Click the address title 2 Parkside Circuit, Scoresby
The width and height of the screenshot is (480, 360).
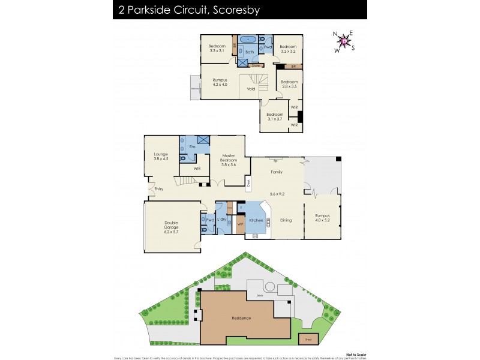[180, 10]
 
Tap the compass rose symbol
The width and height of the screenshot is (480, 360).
[344, 41]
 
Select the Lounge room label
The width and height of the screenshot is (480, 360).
[160, 156]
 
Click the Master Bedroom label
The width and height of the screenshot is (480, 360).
[229, 159]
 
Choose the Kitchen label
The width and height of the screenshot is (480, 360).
[256, 221]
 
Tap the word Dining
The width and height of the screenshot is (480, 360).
[286, 220]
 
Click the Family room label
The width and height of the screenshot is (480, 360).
[277, 172]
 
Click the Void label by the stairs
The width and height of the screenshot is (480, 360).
[251, 89]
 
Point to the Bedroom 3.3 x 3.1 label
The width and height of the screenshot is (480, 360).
[217, 49]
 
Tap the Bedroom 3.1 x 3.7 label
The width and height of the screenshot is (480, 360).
[275, 116]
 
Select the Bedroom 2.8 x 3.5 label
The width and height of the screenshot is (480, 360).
[290, 84]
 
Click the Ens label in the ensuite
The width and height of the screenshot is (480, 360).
[192, 146]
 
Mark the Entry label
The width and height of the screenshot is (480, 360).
[159, 189]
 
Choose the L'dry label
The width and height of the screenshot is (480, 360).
[221, 220]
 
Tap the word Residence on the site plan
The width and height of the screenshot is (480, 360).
[242, 318]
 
